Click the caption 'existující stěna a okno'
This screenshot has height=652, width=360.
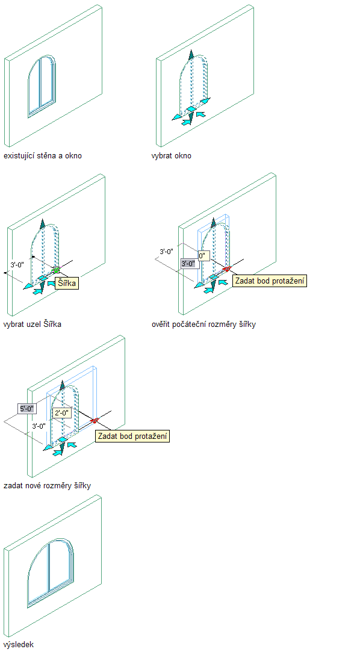(43, 156)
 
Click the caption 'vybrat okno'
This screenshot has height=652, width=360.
(171, 156)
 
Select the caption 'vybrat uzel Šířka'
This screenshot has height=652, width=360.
(33, 324)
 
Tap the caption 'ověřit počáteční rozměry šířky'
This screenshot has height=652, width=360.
(203, 324)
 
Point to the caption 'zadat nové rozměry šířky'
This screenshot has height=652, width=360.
(47, 485)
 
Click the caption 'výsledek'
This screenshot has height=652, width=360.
(19, 645)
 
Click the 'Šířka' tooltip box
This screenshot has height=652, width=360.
(66, 283)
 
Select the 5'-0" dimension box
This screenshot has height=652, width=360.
(28, 408)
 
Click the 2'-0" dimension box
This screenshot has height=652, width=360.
(63, 413)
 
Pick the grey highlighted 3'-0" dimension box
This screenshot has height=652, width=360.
(188, 263)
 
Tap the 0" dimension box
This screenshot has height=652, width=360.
(203, 256)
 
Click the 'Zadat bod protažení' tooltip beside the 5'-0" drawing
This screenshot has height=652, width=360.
(133, 436)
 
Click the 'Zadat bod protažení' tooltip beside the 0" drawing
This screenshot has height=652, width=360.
(269, 281)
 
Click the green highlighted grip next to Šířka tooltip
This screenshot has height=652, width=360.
(56, 270)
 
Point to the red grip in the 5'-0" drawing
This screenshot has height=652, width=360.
(94, 420)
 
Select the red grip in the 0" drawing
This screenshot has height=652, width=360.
(226, 269)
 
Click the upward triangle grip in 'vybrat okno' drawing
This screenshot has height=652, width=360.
(191, 55)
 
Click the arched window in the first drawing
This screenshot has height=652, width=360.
(42, 86)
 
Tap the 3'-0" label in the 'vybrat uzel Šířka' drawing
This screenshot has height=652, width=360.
(18, 264)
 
